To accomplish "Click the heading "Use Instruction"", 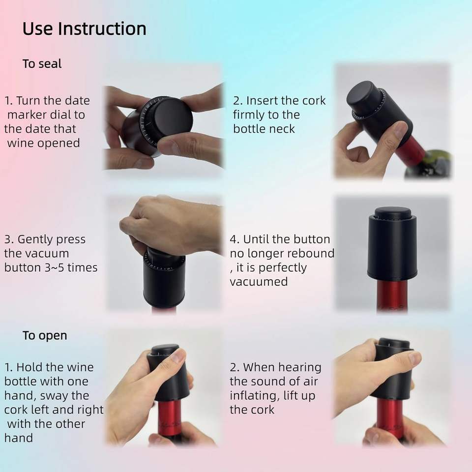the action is pyautogui.click(x=84, y=29).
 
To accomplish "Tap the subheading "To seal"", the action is pyautogui.click(x=42, y=64).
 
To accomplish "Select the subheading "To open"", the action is pyautogui.click(x=45, y=336).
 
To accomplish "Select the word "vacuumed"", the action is pyautogui.click(x=259, y=282).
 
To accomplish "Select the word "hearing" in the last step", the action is pyautogui.click(x=299, y=368).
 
